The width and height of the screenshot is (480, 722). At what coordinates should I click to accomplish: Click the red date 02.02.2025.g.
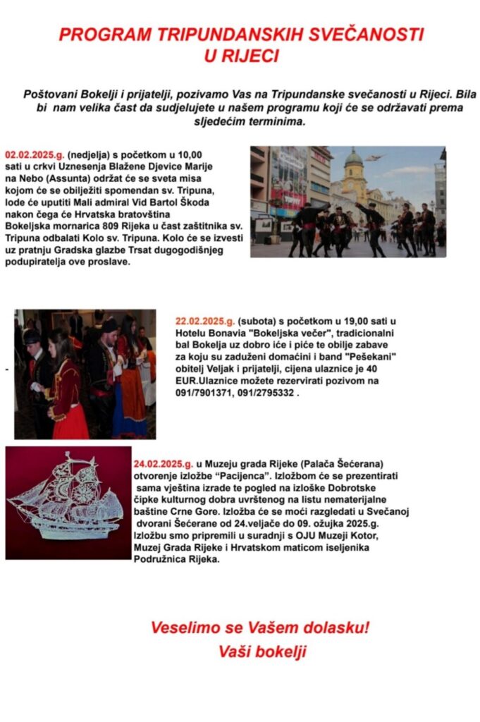coord(35,154)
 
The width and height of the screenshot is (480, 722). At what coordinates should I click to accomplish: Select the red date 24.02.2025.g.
coord(163,464)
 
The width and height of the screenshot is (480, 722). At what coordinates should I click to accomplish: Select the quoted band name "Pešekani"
coord(367,357)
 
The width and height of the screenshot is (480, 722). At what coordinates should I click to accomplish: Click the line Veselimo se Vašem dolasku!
coord(259,627)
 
